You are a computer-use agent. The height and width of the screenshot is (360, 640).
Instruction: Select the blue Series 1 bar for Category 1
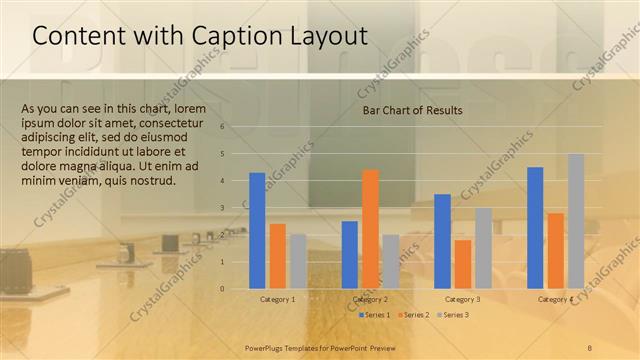click(257, 230)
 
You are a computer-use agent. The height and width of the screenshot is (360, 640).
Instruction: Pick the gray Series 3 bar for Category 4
click(576, 221)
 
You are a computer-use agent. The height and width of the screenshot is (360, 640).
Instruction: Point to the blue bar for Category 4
click(535, 227)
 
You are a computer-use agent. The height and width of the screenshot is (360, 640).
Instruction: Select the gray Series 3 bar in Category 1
click(298, 261)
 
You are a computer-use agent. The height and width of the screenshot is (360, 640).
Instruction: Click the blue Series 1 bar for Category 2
click(349, 254)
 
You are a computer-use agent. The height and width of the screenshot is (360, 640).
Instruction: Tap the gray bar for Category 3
click(483, 248)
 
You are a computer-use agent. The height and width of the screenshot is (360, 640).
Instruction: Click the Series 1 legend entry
click(375, 315)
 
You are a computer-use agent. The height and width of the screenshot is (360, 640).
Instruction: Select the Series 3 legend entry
click(454, 315)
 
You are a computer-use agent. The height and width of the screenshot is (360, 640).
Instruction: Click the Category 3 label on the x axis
click(462, 299)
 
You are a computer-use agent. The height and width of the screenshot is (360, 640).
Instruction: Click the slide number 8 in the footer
click(590, 346)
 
